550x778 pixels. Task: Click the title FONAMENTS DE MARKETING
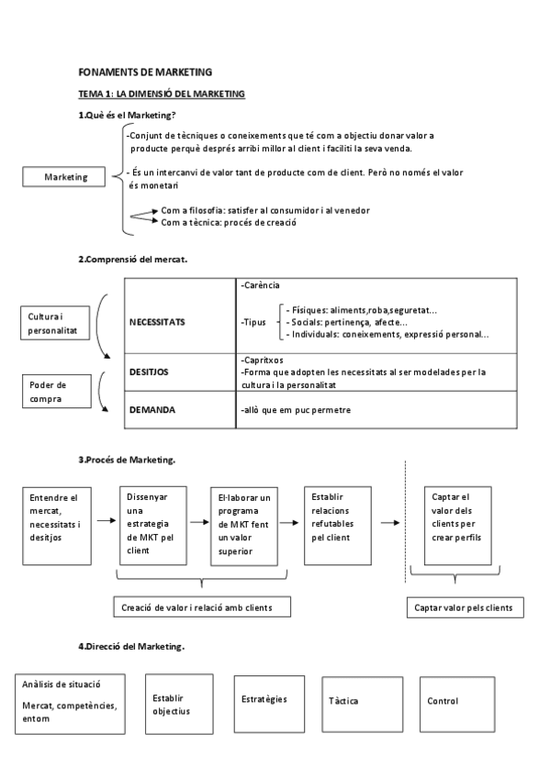click(x=145, y=72)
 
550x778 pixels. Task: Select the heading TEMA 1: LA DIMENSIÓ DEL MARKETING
click(x=162, y=94)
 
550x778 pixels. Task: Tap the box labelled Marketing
click(x=65, y=177)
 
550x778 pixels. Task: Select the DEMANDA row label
click(x=152, y=410)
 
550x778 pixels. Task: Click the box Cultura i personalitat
click(x=52, y=321)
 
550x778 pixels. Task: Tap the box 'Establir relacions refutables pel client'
click(x=337, y=518)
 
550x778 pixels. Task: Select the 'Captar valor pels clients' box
click(x=465, y=607)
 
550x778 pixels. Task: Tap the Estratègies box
click(x=264, y=699)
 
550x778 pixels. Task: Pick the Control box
click(x=456, y=702)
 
